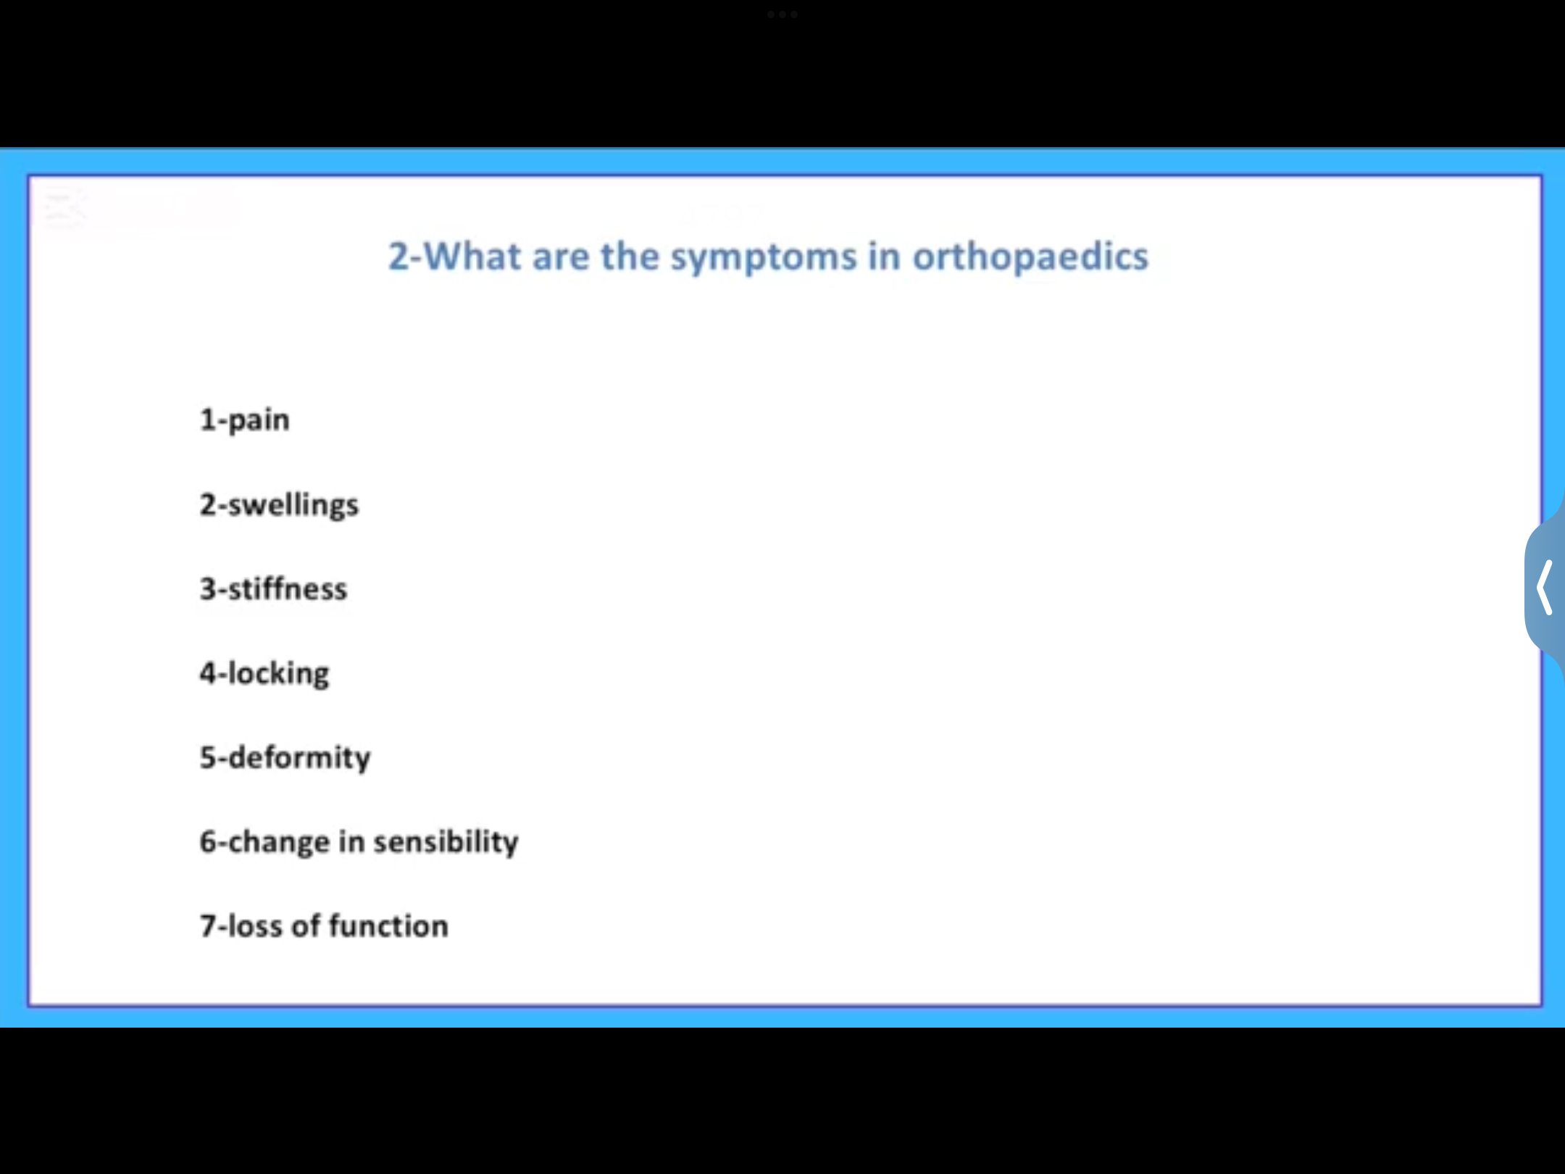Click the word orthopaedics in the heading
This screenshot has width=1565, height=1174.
[x=1030, y=257]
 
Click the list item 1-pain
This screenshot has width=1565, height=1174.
[x=245, y=420]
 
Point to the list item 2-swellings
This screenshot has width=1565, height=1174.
[x=279, y=505]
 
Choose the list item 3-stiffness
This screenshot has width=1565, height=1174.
[x=273, y=589]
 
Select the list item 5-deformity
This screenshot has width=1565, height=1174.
[x=285, y=758]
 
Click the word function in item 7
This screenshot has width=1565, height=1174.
[x=389, y=926]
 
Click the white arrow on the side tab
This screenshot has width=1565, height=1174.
[x=1545, y=588]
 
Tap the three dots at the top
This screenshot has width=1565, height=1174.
[x=783, y=14]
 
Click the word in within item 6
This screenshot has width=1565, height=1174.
[x=351, y=842]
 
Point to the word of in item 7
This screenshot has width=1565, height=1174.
[x=306, y=926]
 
